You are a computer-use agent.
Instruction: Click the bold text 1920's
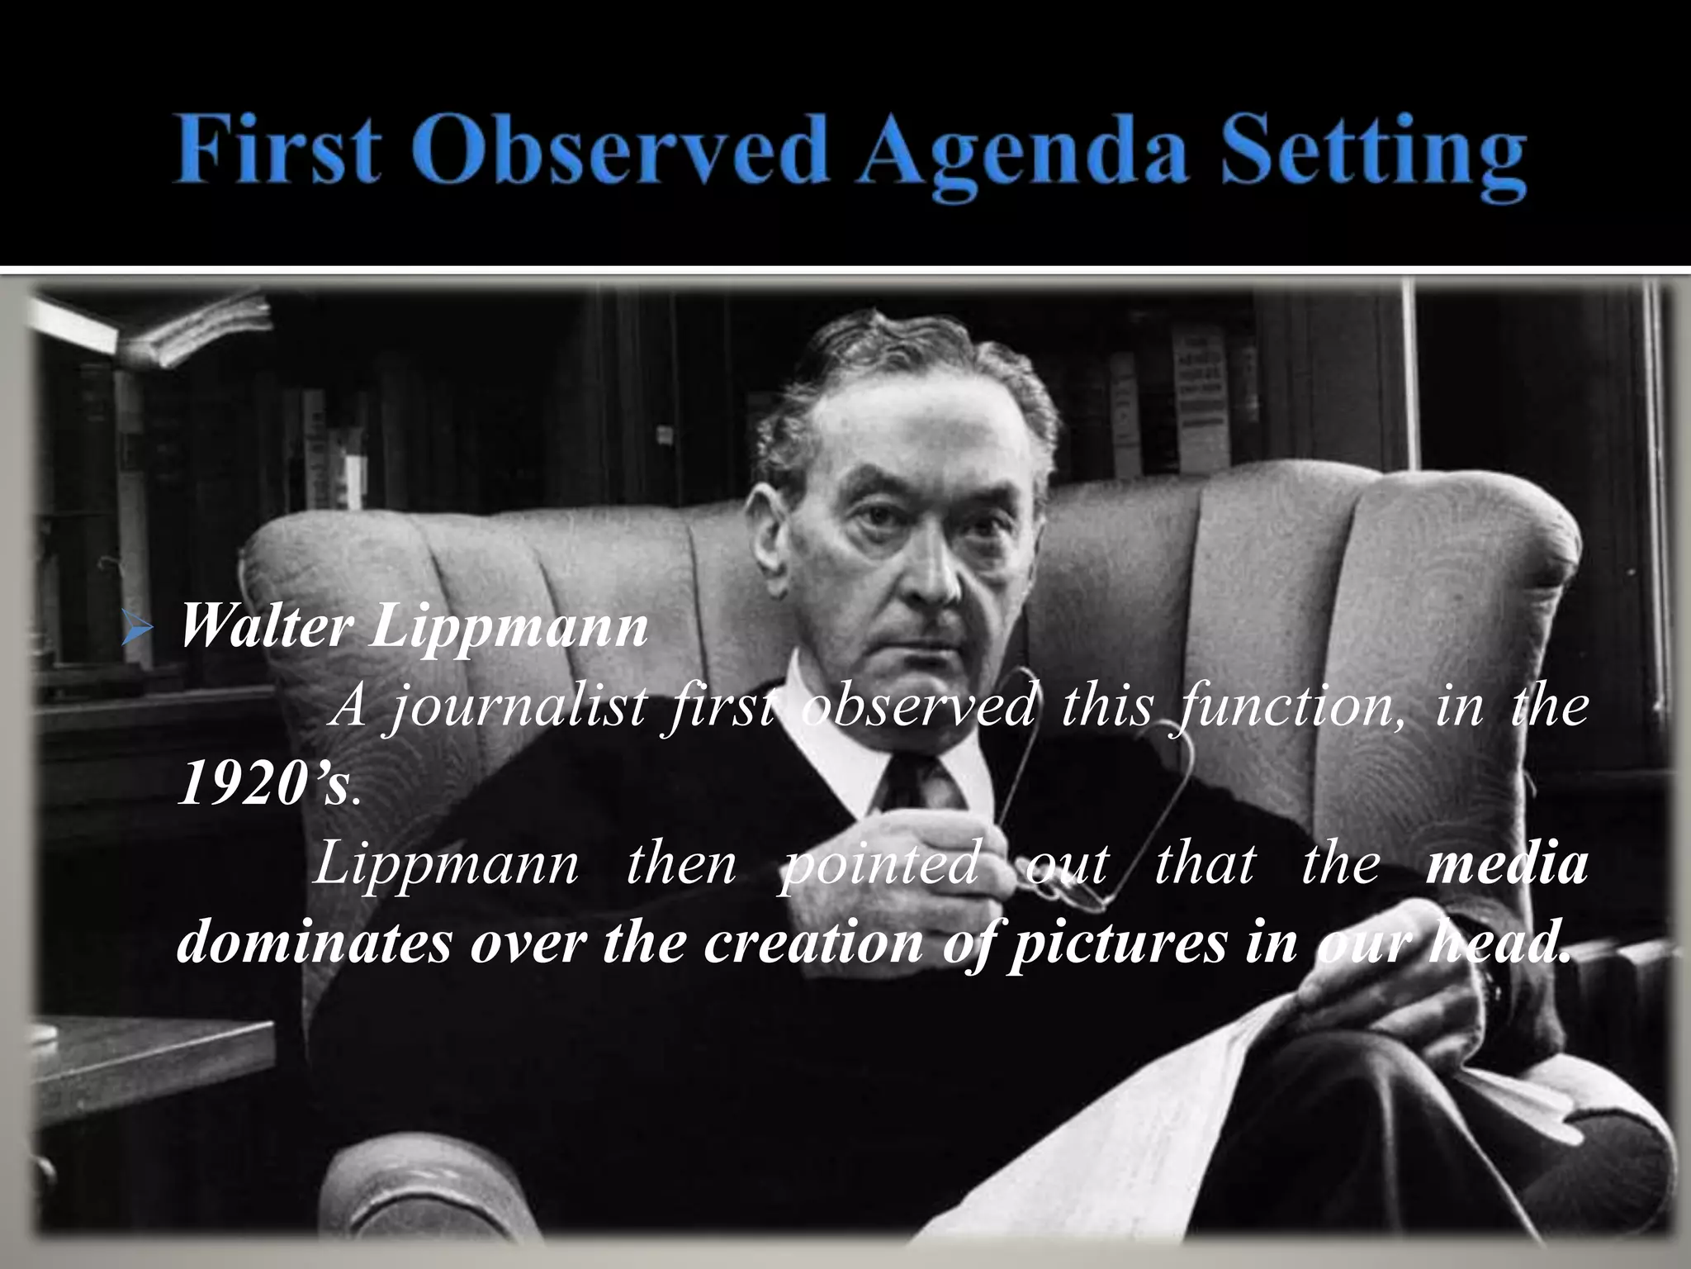click(x=263, y=785)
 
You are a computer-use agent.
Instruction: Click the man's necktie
click(x=904, y=785)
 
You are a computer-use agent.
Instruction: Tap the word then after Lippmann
click(x=681, y=864)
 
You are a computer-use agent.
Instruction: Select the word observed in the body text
click(x=917, y=709)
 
